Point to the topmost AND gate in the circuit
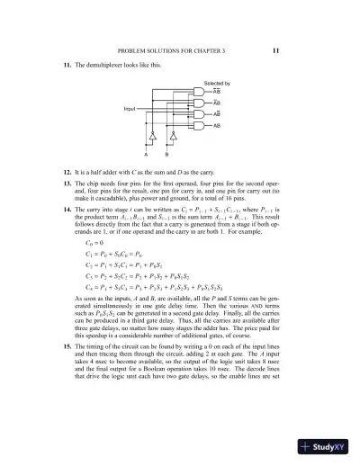[x=208, y=92]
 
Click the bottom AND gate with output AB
[x=208, y=127]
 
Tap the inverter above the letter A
[x=153, y=139]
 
